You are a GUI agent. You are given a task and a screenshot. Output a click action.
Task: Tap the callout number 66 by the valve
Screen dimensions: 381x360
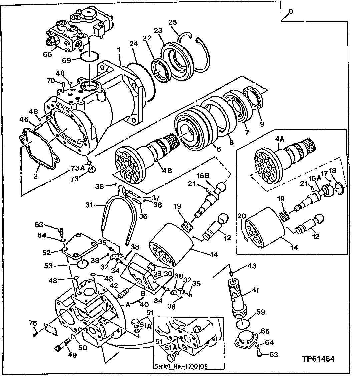point(48,54)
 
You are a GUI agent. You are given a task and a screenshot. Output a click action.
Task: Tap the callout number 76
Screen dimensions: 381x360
point(33,322)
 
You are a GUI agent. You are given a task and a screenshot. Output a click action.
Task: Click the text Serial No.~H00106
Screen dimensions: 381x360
point(181,366)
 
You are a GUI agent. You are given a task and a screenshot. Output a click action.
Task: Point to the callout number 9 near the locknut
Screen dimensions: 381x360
point(262,124)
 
